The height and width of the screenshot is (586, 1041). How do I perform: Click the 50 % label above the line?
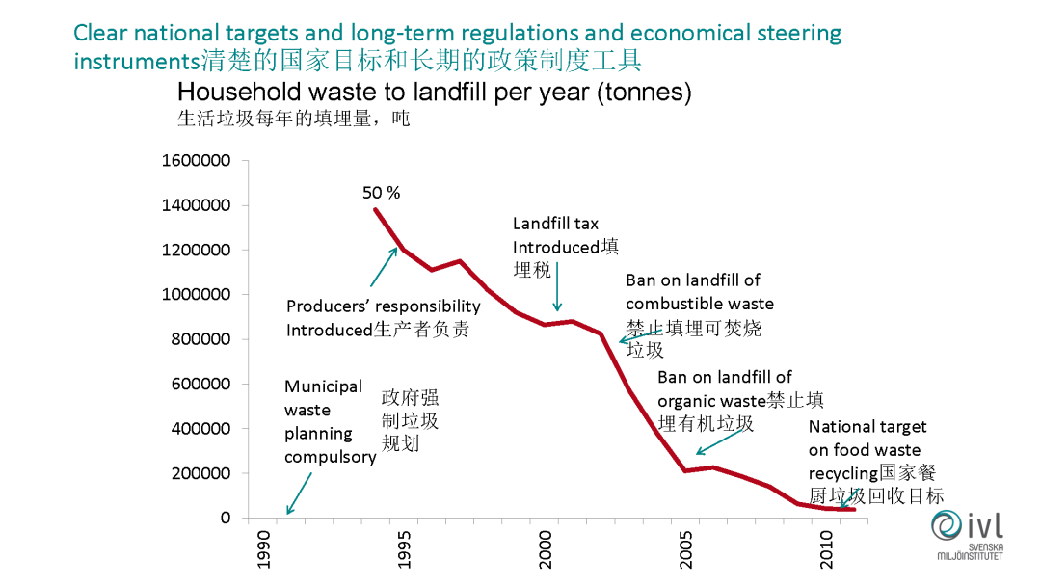pos(381,192)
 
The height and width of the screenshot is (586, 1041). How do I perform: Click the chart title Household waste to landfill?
pos(435,93)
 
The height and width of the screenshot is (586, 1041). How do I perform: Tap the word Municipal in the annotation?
pos(323,386)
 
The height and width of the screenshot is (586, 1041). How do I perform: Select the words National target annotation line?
pos(867,426)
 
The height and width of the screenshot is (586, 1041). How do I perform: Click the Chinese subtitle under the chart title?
pos(293,120)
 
